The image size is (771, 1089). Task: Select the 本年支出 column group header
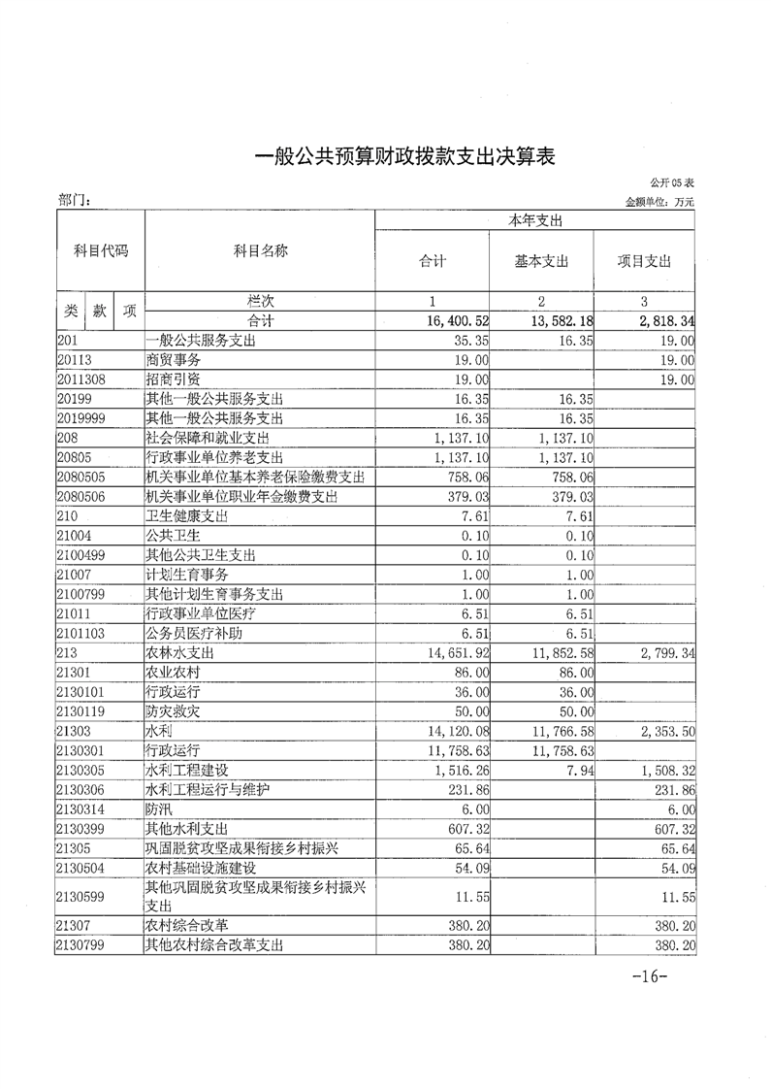(x=534, y=220)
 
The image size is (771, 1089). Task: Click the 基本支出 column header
(x=541, y=262)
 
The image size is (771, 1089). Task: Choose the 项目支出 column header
(x=644, y=262)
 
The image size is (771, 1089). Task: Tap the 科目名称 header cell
(x=260, y=251)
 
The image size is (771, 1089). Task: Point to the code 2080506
(x=80, y=496)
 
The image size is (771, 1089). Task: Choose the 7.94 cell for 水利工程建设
(x=577, y=771)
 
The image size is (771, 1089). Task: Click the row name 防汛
(x=157, y=809)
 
